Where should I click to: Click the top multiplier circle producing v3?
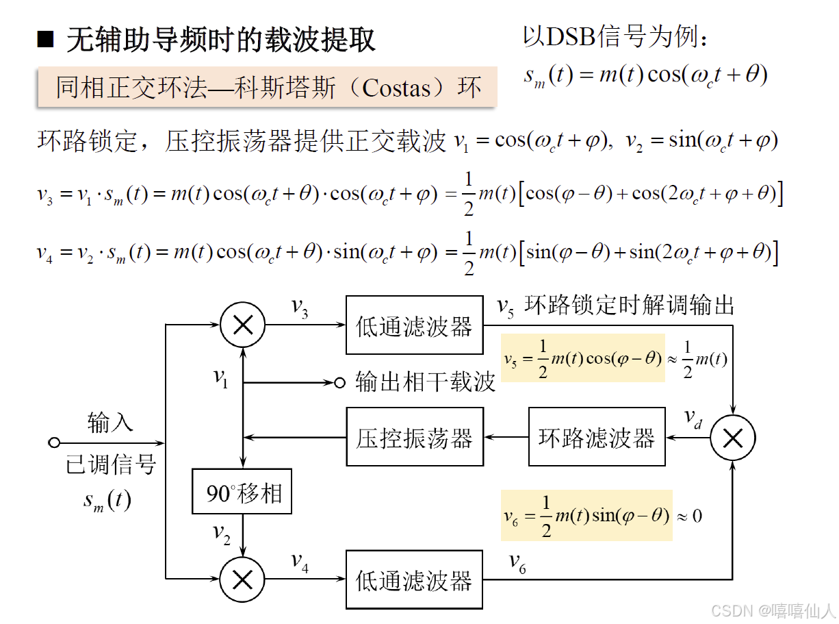[x=242, y=326]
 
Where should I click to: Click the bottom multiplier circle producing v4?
[x=242, y=579]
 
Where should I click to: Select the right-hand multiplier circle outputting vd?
[x=732, y=438]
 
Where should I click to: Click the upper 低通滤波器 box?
[x=414, y=325]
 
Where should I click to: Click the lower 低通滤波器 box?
[x=414, y=579]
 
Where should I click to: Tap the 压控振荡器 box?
[x=414, y=437]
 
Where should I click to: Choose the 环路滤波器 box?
[x=596, y=437]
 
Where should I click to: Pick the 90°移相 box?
[x=242, y=492]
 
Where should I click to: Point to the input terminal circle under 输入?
[x=54, y=442]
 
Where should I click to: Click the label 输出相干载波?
[x=425, y=382]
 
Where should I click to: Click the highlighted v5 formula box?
[x=582, y=358]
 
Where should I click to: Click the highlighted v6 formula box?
[x=586, y=515]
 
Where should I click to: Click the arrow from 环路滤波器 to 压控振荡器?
[x=506, y=438]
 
